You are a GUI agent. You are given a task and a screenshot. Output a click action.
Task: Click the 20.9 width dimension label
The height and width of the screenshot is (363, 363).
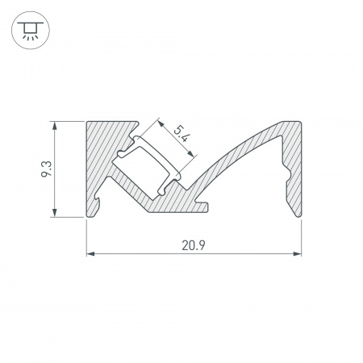(x=194, y=245)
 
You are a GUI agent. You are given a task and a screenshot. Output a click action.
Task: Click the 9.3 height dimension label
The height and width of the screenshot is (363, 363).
(x=45, y=169)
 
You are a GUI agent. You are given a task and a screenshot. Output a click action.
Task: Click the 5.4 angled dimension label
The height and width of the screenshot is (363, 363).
(x=181, y=134)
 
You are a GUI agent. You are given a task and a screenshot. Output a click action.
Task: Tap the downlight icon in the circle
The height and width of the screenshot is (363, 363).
(x=31, y=31)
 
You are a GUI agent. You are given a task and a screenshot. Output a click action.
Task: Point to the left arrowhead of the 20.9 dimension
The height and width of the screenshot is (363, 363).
(x=90, y=253)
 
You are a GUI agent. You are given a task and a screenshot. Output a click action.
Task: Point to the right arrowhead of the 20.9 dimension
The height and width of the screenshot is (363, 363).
(x=297, y=253)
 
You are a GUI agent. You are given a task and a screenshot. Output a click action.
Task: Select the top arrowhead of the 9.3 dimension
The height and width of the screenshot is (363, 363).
(x=55, y=126)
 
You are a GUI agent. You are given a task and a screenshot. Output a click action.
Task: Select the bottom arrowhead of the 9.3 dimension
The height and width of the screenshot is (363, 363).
(x=55, y=212)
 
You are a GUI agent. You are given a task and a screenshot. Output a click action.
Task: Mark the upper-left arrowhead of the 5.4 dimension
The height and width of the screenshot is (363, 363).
(x=161, y=123)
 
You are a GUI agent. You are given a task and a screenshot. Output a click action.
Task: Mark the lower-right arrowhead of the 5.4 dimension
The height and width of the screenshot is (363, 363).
(x=190, y=153)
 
